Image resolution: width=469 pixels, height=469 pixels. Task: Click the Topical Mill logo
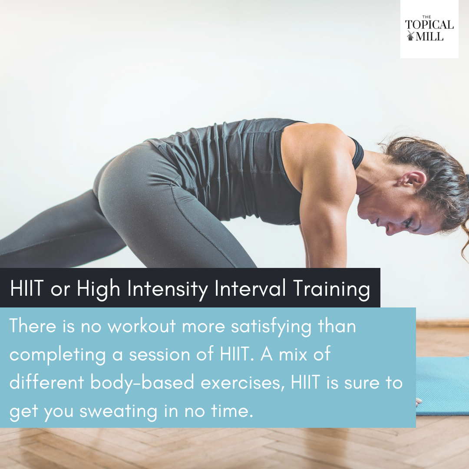coord(429,29)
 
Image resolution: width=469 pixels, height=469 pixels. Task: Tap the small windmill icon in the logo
coord(410,36)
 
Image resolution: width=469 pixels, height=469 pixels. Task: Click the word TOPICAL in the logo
coord(429,24)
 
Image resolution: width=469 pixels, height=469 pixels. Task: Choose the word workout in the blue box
coord(142,326)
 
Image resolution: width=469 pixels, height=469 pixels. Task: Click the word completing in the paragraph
coord(58,355)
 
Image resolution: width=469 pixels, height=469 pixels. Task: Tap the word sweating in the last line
coord(118,412)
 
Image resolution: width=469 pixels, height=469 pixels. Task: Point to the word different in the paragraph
coord(46,382)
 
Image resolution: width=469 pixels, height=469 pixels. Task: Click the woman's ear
coord(413,180)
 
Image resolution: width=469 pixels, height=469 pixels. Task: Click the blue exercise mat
coord(443,386)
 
